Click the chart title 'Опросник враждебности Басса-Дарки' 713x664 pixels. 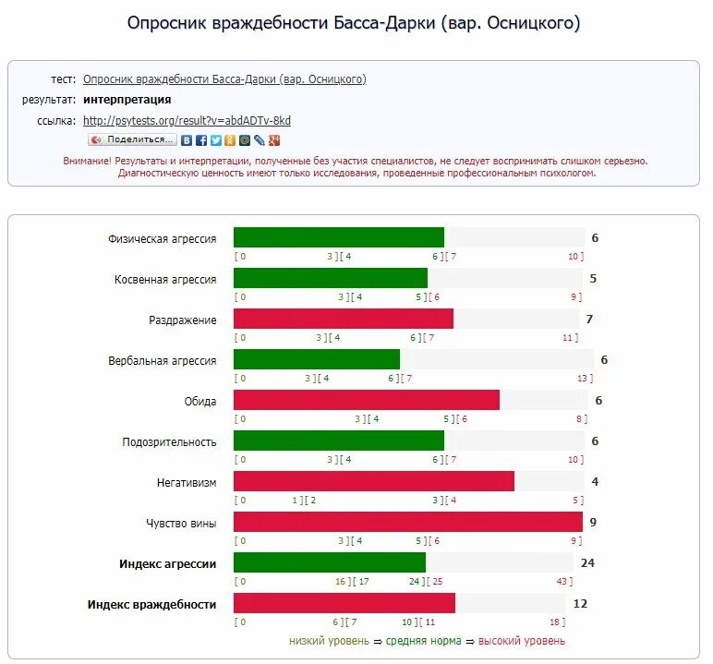(355, 23)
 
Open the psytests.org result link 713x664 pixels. (187, 120)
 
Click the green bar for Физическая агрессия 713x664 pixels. (338, 238)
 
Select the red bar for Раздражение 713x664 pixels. (343, 320)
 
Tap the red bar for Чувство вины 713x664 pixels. (407, 523)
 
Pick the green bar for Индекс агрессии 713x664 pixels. (329, 562)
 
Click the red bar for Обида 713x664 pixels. (366, 401)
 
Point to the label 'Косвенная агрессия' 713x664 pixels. (165, 279)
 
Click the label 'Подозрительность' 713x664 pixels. (169, 441)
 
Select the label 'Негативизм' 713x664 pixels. (187, 482)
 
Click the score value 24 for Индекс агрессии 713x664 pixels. (587, 562)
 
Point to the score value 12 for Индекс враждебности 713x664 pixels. (581, 604)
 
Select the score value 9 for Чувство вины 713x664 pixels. (593, 523)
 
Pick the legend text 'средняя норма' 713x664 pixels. (423, 641)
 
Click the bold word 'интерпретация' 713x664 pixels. (127, 100)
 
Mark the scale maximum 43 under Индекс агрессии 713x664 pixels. (562, 582)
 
